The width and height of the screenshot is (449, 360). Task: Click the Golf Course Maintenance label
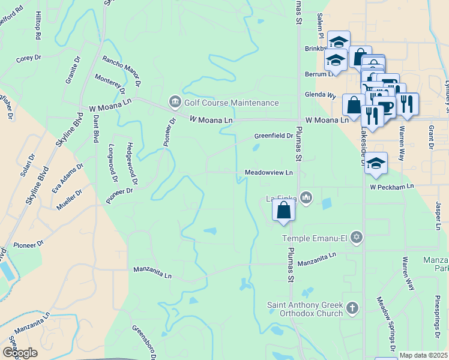[x=231, y=103]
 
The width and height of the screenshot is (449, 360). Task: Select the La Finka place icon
[x=307, y=197]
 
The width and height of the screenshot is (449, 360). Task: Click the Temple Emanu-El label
[x=315, y=239]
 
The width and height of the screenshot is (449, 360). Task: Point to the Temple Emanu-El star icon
[x=357, y=238]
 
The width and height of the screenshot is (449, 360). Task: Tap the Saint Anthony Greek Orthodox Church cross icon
[x=352, y=309]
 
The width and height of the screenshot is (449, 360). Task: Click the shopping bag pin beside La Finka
[x=283, y=211]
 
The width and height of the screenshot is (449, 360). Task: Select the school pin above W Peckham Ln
[x=375, y=163]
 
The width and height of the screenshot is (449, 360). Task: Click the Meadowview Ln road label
[x=269, y=173]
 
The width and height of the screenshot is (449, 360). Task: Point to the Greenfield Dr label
[x=273, y=136]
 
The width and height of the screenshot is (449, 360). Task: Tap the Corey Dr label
[x=28, y=58]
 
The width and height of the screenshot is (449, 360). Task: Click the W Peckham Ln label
[x=391, y=187]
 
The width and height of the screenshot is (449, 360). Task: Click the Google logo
[x=19, y=353]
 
